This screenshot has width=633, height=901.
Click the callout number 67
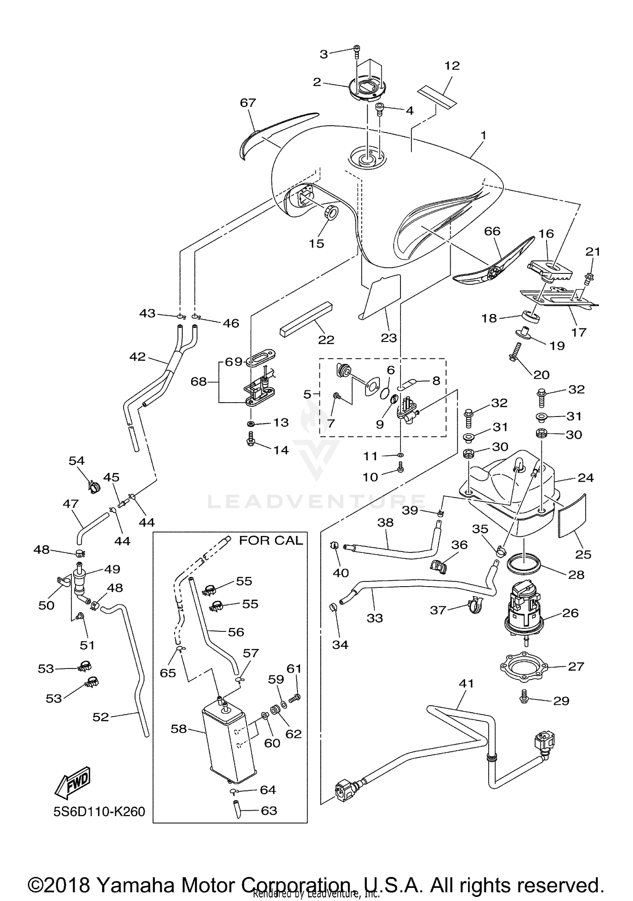248,103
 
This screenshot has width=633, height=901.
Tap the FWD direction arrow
73,782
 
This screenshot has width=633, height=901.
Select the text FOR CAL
271,541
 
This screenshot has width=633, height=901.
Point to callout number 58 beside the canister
179,729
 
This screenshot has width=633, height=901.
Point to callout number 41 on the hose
466,683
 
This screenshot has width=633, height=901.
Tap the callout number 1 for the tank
484,135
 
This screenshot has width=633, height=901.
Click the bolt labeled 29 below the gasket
524,698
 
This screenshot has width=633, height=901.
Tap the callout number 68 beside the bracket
198,382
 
